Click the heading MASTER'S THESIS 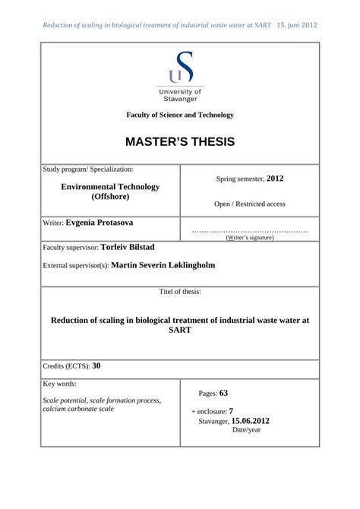pos(180,142)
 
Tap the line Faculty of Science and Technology pos(180,115)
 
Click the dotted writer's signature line pos(250,230)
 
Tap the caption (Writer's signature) pos(250,238)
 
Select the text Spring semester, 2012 pos(250,179)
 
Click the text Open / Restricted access pos(250,204)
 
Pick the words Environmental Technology pos(110,186)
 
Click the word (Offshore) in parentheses pos(110,197)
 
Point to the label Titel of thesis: pos(180,292)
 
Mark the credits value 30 pos(96,365)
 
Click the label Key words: pos(60,384)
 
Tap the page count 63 pos(224,394)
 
